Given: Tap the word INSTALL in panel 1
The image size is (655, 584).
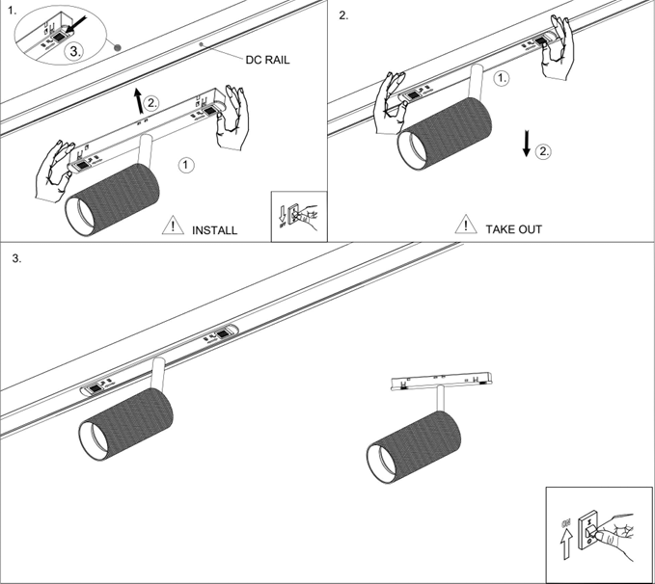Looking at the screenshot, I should pos(214,230).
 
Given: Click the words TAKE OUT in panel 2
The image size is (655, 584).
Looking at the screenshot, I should pos(513,229).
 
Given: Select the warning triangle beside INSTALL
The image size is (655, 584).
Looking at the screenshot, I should pos(173,227).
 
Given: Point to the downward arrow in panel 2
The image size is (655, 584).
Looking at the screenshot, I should pos(526,143).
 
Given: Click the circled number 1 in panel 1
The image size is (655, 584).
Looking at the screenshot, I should pos(188,165).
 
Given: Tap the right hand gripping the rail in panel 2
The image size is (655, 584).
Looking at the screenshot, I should pos(557,52).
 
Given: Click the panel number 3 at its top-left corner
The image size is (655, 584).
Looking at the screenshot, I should pos(17,259).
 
